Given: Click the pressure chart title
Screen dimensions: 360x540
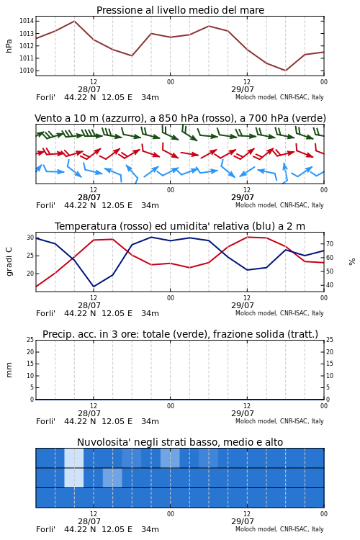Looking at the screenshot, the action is (x=180, y=10).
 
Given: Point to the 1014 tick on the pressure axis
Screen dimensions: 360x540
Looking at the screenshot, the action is (x=27, y=21).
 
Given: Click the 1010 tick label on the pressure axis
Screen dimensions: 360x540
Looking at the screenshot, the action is (x=27, y=71).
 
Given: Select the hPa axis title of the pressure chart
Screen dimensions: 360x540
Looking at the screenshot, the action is (x=9, y=46).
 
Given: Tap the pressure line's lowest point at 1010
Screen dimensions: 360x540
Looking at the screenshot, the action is (x=285, y=71).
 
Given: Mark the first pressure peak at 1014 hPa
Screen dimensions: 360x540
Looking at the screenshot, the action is (x=74, y=21).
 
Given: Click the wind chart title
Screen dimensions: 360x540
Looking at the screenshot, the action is (x=180, y=118).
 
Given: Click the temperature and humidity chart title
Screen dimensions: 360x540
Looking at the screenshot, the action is (x=180, y=226).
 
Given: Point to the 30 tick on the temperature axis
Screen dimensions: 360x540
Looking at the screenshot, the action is (x=30, y=238).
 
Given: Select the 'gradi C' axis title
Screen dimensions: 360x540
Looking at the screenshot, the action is (x=9, y=262).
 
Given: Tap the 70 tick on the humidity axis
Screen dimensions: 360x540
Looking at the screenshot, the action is (x=330, y=244).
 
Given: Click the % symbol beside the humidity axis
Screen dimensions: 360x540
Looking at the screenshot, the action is (x=352, y=262).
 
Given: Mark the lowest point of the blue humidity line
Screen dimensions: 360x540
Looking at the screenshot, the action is (x=94, y=287).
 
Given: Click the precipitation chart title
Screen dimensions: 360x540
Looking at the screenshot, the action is (x=180, y=334).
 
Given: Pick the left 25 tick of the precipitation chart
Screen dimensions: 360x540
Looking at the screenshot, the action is (x=30, y=340).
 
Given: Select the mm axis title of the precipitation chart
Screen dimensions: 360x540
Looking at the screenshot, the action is (x=9, y=370).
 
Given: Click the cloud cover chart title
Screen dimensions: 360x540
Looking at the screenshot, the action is (x=180, y=442).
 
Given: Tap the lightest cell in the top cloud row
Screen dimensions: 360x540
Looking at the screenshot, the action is (x=74, y=458).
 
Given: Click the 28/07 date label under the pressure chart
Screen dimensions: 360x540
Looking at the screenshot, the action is (x=89, y=89).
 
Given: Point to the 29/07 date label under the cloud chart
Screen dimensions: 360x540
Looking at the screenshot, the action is (x=243, y=521).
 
